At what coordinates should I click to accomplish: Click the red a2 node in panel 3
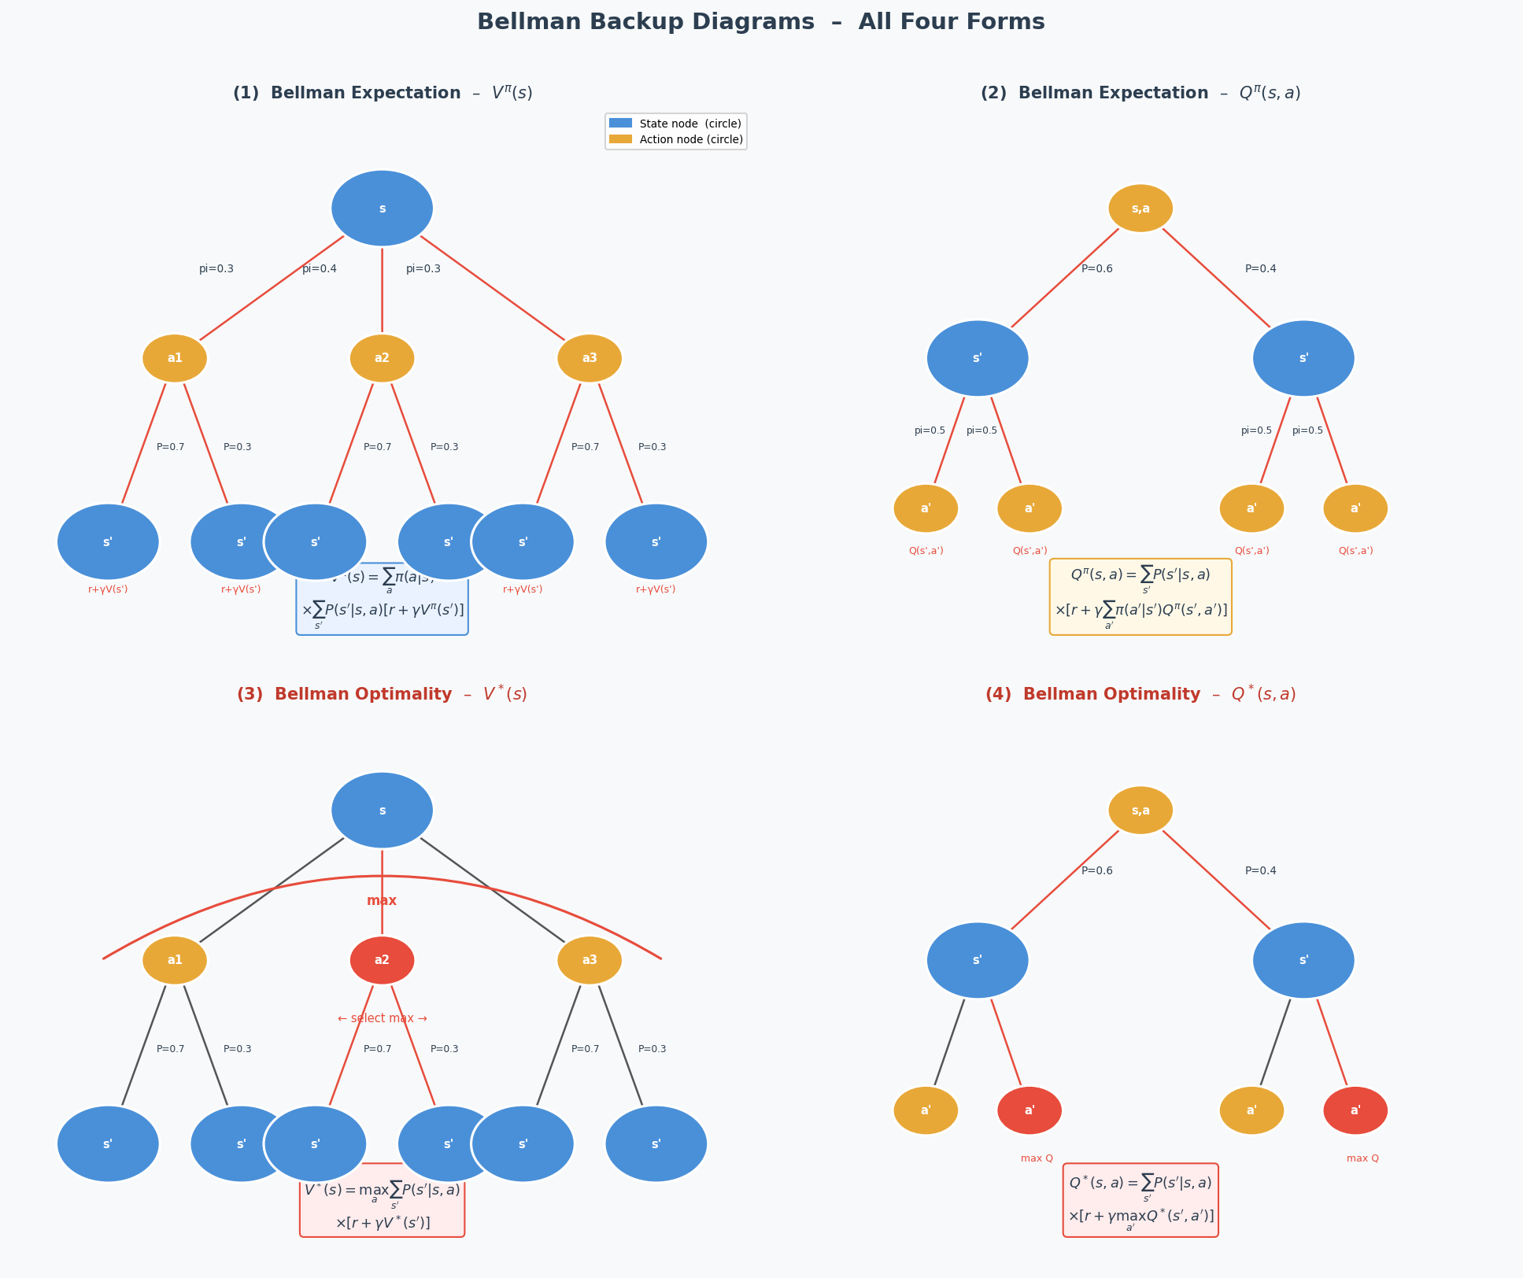point(382,960)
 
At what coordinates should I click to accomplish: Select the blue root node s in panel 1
point(382,209)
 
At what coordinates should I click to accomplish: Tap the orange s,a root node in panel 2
point(1140,209)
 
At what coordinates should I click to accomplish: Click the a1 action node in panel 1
point(175,358)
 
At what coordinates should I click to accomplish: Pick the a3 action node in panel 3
point(590,960)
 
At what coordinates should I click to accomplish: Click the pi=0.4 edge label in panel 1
point(320,269)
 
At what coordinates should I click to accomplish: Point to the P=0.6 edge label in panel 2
point(1097,269)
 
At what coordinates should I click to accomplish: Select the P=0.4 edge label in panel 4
point(1261,871)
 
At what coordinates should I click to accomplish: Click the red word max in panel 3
point(382,901)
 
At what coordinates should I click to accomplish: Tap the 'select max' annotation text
point(383,1018)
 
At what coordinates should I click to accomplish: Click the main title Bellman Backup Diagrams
point(760,22)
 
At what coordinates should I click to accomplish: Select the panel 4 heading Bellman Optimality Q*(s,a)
point(1140,694)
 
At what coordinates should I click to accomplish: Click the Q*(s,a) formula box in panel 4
point(1140,1201)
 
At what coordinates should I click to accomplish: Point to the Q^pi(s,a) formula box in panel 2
point(1140,597)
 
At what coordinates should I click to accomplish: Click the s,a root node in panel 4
point(1140,811)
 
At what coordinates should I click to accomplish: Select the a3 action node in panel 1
point(590,358)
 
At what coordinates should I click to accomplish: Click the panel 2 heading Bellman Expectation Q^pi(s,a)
point(1140,93)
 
